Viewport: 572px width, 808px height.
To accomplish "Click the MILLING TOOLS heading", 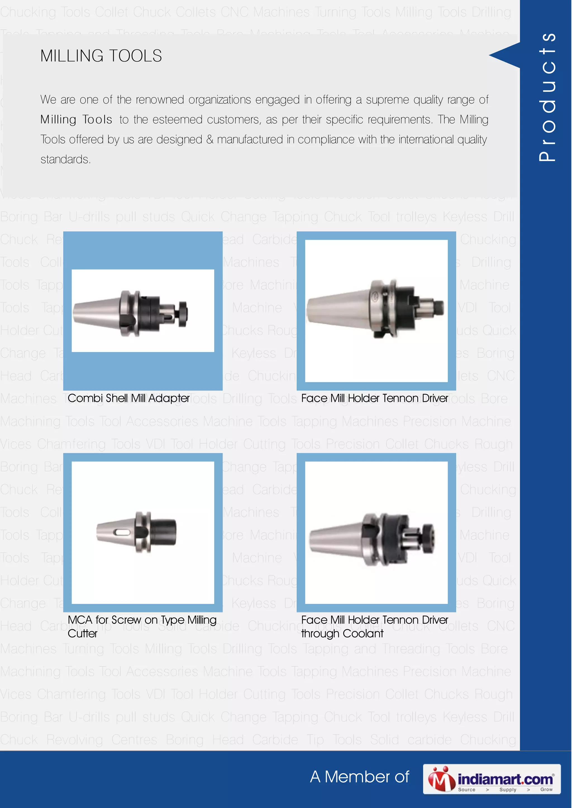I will coord(101,56).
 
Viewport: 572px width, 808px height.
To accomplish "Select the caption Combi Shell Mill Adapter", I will coord(129,398).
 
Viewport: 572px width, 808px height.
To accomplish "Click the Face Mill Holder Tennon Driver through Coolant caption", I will coord(374,626).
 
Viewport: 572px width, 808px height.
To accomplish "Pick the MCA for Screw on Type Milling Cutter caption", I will coord(142,626).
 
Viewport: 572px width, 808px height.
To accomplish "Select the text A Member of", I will coord(359,777).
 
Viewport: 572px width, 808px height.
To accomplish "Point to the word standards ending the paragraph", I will coord(66,160).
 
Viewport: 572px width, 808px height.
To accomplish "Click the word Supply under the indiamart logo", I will coord(507,790).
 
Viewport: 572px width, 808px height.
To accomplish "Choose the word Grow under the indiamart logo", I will coord(546,789).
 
